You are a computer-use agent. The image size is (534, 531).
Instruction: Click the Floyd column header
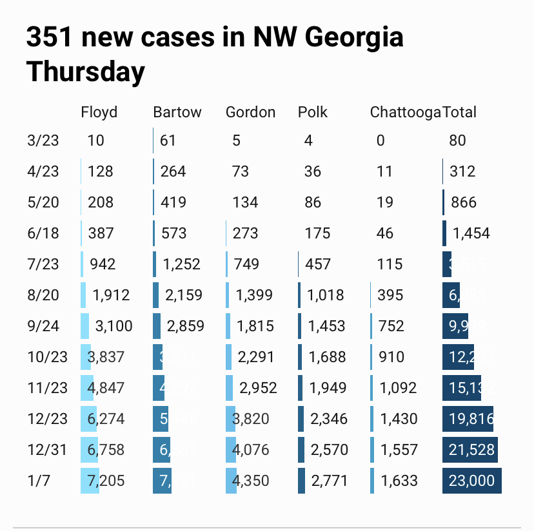point(99,112)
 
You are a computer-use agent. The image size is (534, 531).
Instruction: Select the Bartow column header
point(177,112)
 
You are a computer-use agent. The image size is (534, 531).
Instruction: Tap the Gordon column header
point(250,112)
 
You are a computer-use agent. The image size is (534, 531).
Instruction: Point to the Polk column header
point(313,112)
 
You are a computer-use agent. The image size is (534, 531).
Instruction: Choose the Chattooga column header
point(405,112)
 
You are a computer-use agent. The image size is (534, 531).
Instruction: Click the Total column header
point(460,112)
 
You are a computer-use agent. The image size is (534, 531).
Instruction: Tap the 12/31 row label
point(47,450)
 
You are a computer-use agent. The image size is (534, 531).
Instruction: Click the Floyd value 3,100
point(114,326)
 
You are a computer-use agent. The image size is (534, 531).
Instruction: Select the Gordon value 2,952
point(258,388)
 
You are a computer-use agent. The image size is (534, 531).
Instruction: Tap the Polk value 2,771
point(330,481)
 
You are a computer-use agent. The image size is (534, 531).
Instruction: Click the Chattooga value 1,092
point(398,388)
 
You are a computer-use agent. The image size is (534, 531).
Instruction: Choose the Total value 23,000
point(471,481)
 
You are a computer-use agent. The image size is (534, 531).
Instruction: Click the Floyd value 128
point(100,171)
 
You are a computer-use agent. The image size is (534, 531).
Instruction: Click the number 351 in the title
point(49,38)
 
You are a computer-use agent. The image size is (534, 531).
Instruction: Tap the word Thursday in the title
point(85,72)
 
